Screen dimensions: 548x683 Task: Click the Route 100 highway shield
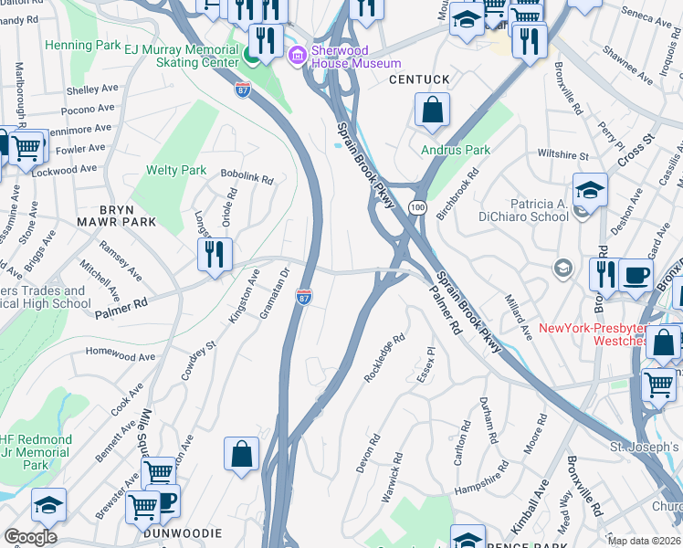click(x=418, y=208)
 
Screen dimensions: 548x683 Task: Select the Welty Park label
click(x=176, y=170)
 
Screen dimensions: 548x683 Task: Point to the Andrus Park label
click(x=456, y=150)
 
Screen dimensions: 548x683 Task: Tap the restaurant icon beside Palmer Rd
click(x=215, y=255)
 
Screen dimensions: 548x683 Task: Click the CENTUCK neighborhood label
click(x=419, y=80)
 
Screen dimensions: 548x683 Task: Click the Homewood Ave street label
click(x=121, y=353)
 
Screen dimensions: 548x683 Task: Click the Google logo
click(x=30, y=536)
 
